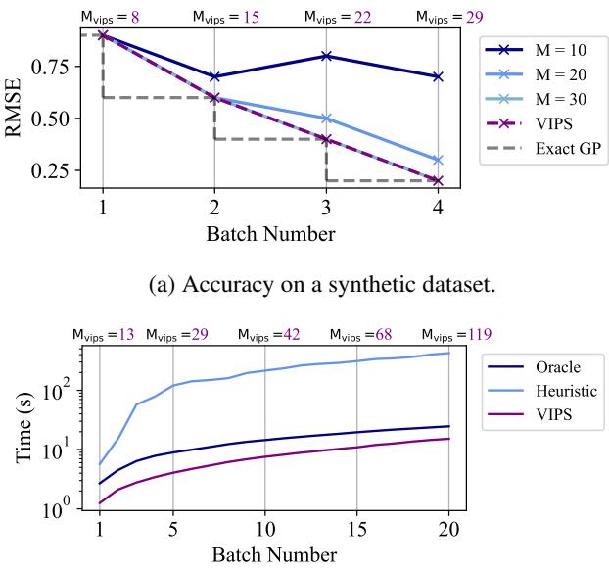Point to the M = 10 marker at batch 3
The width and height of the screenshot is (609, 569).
(x=326, y=56)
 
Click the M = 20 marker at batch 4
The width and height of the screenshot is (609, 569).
(x=438, y=160)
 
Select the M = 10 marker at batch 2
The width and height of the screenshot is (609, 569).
(x=214, y=76)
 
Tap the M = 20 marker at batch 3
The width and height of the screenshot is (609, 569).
(x=326, y=119)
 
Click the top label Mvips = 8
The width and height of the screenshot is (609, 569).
(x=103, y=16)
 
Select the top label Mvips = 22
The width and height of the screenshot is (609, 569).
(x=326, y=16)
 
